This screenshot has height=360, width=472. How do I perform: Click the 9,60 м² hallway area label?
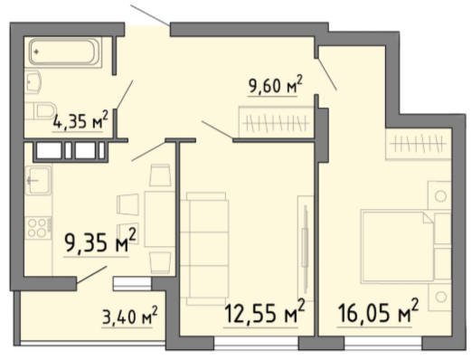[x=275, y=85]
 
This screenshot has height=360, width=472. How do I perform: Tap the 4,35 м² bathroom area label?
[x=80, y=120]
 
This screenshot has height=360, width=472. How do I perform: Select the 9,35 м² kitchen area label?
[x=100, y=242]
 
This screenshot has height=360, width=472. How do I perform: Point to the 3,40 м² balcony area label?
[x=130, y=317]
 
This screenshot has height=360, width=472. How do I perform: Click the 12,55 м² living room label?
[x=265, y=312]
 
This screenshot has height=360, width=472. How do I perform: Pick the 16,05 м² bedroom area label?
[x=378, y=312]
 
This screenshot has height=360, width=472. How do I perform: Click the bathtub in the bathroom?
[x=64, y=52]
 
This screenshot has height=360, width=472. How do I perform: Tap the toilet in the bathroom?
[x=41, y=110]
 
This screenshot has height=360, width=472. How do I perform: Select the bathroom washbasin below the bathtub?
[x=33, y=82]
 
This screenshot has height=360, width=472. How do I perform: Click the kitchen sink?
[x=38, y=180]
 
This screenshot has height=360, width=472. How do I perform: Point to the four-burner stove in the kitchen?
[x=38, y=228]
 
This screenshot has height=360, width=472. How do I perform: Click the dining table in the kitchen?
[x=160, y=219]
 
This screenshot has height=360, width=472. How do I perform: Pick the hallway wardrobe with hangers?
[x=276, y=122]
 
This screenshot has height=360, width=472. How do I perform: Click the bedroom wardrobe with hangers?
[x=419, y=144]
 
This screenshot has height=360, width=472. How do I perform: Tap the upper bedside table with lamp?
[x=439, y=195]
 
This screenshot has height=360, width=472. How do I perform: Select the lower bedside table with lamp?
[x=439, y=297]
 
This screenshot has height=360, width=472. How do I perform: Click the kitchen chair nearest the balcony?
[x=160, y=263]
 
